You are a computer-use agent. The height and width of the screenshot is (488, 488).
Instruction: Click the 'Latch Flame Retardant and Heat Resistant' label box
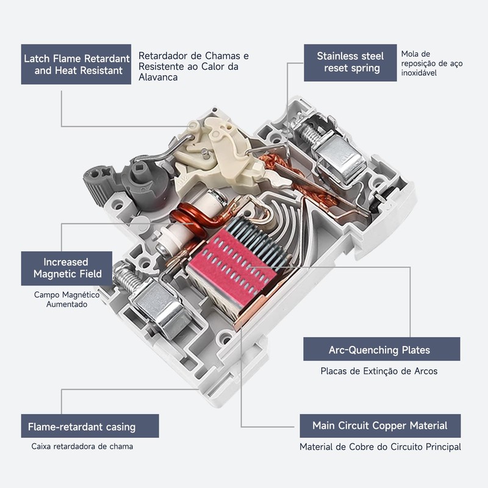[x=76, y=64]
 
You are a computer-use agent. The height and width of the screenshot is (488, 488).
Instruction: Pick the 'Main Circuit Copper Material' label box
[x=379, y=425]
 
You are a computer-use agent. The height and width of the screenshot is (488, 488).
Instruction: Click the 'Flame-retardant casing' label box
[x=90, y=426]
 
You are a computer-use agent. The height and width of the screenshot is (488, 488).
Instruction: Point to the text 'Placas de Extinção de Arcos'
[x=379, y=371]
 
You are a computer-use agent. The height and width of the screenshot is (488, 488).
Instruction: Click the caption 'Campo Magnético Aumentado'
[x=66, y=299]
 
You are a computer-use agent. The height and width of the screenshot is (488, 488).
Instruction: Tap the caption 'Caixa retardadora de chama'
[x=82, y=447]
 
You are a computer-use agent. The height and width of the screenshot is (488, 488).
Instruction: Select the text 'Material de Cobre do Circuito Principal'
[x=380, y=447]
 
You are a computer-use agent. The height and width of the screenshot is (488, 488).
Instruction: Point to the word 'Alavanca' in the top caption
[x=157, y=77]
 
